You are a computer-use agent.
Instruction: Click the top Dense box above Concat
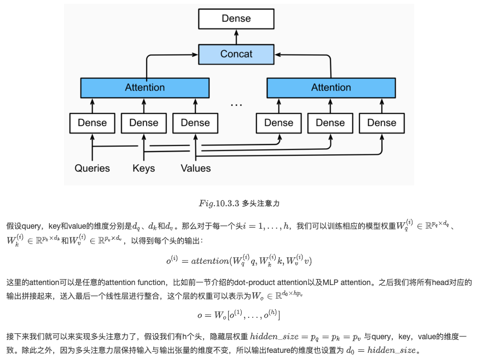point(236,19)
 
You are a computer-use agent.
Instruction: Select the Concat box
point(236,54)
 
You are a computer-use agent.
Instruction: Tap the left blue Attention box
point(144,88)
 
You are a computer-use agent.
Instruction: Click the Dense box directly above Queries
point(92,123)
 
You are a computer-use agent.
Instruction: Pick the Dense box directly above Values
point(195,123)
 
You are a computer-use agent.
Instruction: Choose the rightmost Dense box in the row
point(381,123)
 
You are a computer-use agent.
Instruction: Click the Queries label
point(92,168)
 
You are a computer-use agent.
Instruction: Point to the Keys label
point(143,168)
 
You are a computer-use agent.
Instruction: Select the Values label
point(195,168)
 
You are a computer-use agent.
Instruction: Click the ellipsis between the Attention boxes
point(236,104)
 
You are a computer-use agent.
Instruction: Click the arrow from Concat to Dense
point(236,37)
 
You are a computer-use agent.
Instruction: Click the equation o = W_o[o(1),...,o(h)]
point(238,315)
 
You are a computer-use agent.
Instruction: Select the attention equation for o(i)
point(238,261)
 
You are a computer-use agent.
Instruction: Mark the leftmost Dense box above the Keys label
point(143,123)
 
